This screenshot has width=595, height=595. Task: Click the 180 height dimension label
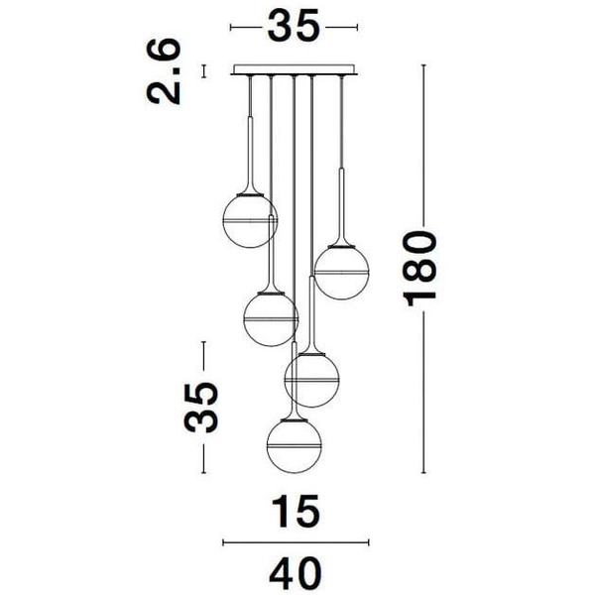coord(421,268)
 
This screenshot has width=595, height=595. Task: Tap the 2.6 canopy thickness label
coord(164,71)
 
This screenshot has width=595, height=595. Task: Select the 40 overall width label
coord(296,573)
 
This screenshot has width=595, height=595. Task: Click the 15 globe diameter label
coord(297,511)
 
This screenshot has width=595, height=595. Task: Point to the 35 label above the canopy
coord(295,26)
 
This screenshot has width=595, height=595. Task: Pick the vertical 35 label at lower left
coord(200,408)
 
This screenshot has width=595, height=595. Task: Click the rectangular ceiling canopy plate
coord(295,69)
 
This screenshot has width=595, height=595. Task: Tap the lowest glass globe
coord(295,446)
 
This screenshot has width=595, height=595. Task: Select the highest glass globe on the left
coord(250,221)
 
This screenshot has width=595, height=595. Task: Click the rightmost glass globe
coord(341,273)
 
